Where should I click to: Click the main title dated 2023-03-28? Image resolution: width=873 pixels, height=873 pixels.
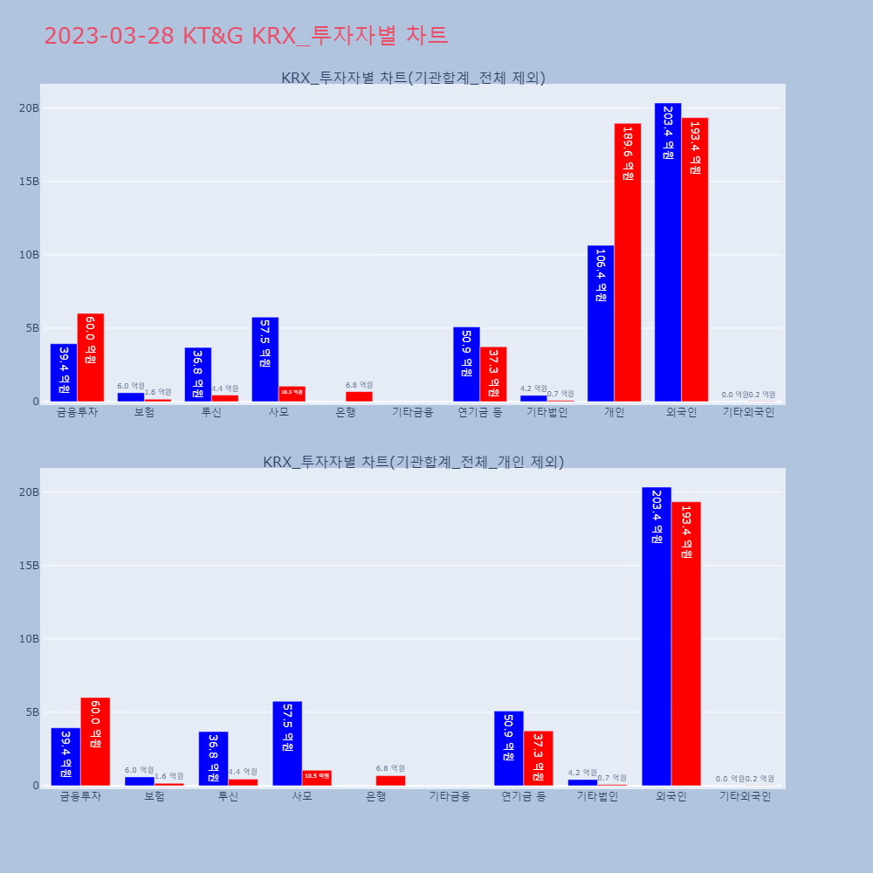coord(245,36)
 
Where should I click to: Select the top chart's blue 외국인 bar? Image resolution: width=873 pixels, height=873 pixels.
coord(668,252)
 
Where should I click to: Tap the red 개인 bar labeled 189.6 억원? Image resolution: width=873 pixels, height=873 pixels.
coord(628,262)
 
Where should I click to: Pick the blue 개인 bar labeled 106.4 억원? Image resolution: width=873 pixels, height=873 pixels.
coord(601,324)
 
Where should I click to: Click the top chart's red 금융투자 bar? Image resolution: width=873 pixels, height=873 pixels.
coord(91,357)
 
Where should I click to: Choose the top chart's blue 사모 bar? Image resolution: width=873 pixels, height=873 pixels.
coord(265,359)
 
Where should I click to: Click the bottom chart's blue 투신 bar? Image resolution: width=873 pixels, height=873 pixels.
coord(213,758)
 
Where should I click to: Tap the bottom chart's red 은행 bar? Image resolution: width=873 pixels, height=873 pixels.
coord(390,780)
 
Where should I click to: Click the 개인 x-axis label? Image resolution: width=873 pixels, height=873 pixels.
coord(614,412)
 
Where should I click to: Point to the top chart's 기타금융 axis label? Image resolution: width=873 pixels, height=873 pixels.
coord(412,412)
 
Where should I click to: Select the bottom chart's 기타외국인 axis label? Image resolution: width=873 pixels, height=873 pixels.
coord(745,796)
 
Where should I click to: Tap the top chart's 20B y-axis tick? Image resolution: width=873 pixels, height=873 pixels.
coord(30,107)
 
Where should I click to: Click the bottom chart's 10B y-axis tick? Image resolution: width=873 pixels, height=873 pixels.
coord(30,638)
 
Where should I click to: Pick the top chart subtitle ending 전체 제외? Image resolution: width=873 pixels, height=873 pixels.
coord(413,78)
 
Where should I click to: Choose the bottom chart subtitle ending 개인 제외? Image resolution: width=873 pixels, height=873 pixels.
coord(413,462)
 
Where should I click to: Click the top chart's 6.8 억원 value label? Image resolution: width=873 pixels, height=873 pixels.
coord(359,385)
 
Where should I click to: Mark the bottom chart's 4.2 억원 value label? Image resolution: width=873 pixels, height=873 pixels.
coord(581,773)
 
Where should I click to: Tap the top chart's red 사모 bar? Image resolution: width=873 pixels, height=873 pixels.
coord(292,394)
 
